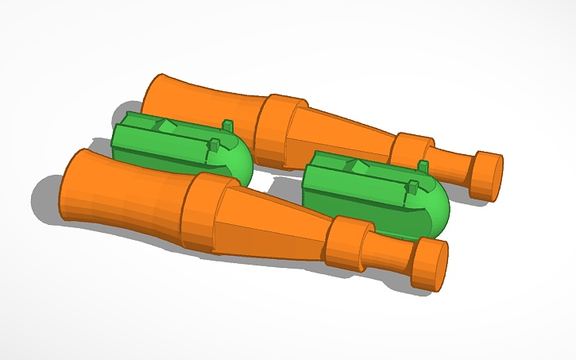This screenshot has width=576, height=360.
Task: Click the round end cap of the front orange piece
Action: pos(430,265)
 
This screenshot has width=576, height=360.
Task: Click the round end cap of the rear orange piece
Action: pos(486,175)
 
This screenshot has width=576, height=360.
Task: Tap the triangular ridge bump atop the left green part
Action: pos(167,125)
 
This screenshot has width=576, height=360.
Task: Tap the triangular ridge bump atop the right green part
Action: pos(358,165)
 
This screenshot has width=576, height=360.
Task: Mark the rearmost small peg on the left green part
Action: pos(228,126)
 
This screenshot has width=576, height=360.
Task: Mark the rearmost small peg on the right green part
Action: pos(423,165)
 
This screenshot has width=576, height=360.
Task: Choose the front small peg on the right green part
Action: pos(412,188)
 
